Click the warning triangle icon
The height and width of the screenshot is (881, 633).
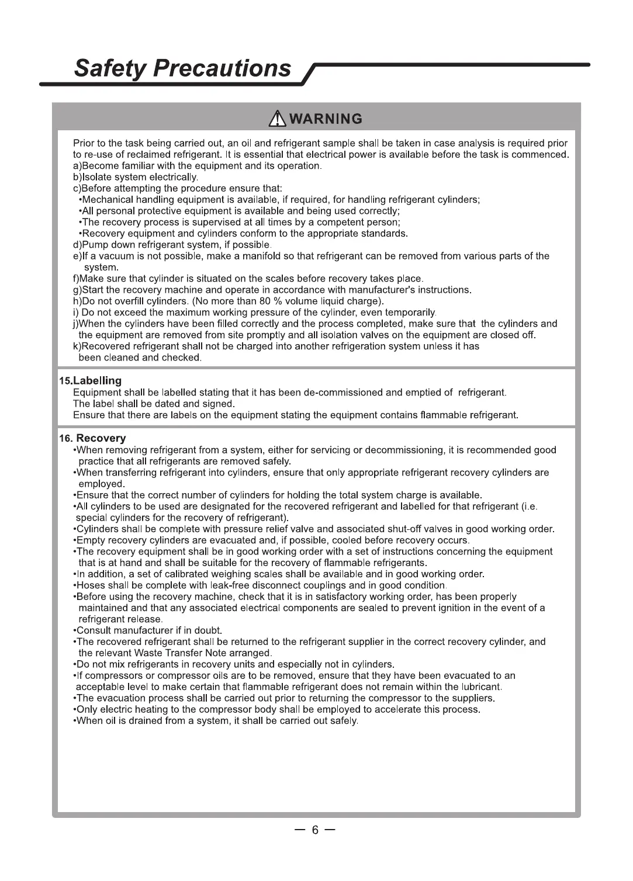pyautogui.click(x=278, y=119)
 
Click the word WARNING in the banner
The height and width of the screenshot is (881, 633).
pyautogui.click(x=326, y=119)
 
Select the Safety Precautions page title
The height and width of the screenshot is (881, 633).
pyautogui.click(x=182, y=68)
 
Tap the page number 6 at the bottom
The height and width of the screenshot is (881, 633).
pyautogui.click(x=315, y=830)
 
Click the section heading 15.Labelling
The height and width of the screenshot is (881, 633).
pyautogui.click(x=91, y=381)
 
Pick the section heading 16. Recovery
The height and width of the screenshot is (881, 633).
pyautogui.click(x=92, y=438)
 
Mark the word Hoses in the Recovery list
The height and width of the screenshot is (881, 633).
pyautogui.click(x=91, y=585)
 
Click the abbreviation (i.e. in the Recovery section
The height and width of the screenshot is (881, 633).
pyautogui.click(x=529, y=507)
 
